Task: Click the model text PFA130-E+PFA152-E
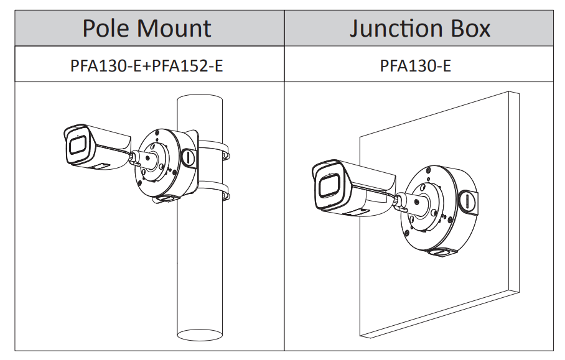coord(147,65)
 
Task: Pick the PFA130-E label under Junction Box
coord(415,65)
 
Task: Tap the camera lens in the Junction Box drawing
coord(328,185)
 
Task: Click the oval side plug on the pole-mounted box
coord(187,157)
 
